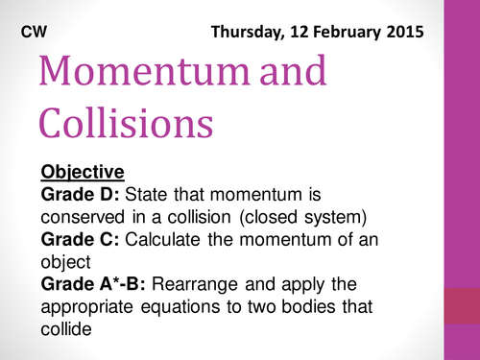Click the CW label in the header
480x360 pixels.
(36, 31)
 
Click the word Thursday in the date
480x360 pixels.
(252, 32)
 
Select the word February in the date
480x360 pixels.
(343, 32)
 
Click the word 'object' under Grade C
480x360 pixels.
(66, 261)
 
